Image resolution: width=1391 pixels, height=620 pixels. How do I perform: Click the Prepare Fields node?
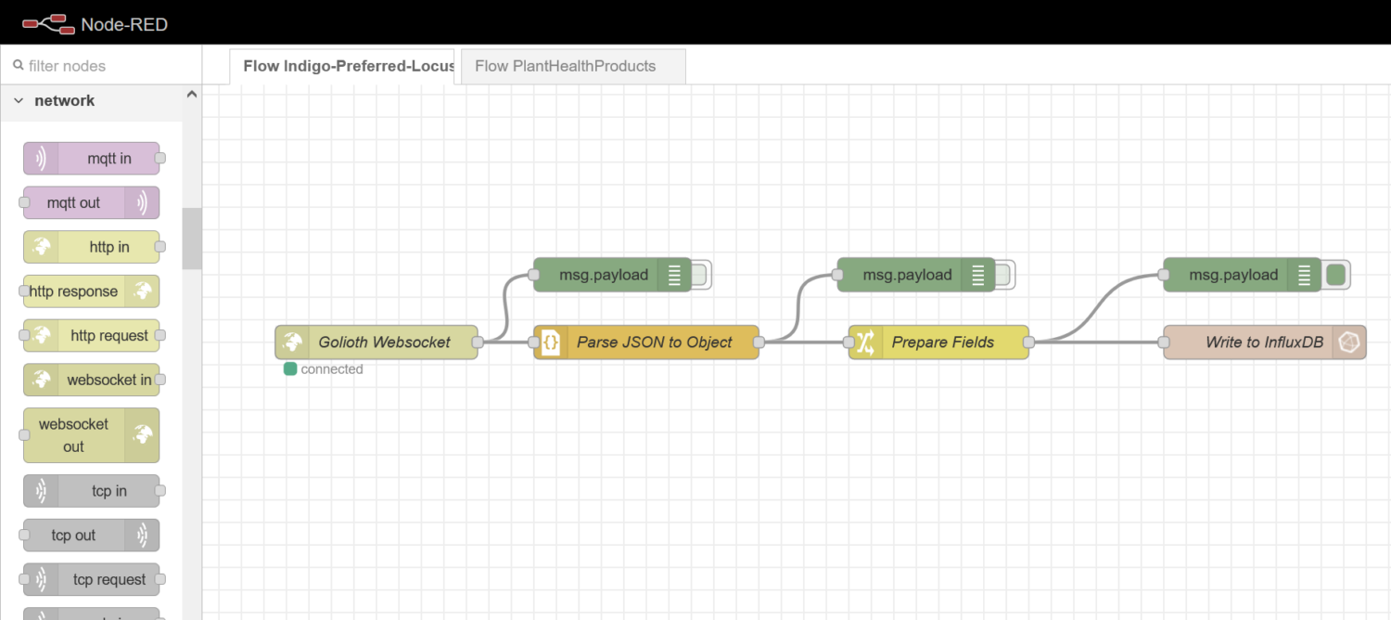coord(941,342)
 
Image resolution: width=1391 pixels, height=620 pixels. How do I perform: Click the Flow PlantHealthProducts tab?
coord(565,67)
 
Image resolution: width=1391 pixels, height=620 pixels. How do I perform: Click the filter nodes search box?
coord(102,66)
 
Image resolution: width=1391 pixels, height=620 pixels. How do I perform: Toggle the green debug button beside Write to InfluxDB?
coord(1336,275)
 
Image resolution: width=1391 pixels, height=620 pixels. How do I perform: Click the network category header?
coord(65,101)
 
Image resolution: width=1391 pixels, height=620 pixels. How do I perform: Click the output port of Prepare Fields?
coord(1028,342)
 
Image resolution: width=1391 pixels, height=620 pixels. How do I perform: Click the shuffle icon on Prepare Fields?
coord(864,342)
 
